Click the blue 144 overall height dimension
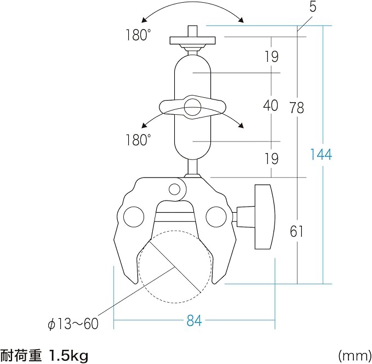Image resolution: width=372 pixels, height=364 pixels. point(321,154)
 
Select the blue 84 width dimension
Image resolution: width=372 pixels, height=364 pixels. point(193,321)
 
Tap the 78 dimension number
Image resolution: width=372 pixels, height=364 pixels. point(296,108)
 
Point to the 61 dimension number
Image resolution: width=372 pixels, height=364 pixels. point(296,231)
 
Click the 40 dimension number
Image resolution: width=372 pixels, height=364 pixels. point(271,105)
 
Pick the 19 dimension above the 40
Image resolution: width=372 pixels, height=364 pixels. point(271,56)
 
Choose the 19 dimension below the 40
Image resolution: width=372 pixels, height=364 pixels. point(271,158)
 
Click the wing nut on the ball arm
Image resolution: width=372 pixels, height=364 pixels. point(192,107)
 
